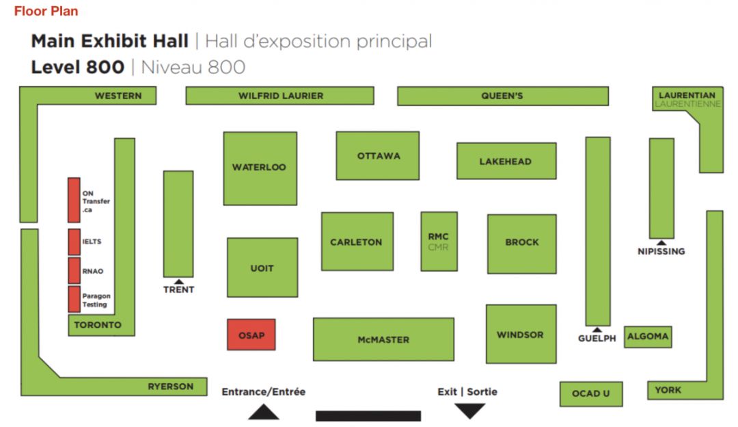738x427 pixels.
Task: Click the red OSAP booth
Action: (251, 335)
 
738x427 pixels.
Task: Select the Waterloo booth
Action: (260, 168)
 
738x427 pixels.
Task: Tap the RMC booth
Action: (439, 242)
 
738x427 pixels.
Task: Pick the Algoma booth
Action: (648, 336)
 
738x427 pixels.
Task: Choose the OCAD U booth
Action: (591, 393)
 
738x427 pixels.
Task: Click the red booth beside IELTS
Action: (74, 242)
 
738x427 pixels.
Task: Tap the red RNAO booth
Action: (74, 270)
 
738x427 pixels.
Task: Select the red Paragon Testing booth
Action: (74, 299)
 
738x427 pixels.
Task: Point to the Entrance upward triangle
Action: (263, 411)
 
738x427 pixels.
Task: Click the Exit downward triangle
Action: (470, 411)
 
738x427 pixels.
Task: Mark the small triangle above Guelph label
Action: (597, 329)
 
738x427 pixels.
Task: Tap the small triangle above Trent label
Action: (178, 281)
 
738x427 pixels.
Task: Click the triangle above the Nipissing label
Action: (661, 242)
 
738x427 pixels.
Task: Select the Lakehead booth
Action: (506, 161)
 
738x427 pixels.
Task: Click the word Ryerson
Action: (170, 387)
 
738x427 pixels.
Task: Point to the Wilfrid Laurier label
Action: (280, 96)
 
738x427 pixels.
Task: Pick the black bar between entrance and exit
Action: (368, 415)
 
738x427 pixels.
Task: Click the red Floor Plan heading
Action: (46, 11)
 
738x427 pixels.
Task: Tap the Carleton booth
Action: (357, 242)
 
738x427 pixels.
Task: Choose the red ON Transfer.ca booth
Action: (74, 200)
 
